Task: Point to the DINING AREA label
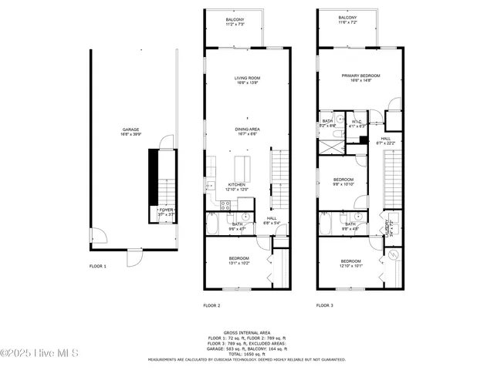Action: [247, 130]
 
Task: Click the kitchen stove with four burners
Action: [226, 205]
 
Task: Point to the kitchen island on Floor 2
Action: [243, 164]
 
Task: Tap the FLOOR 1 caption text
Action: [97, 266]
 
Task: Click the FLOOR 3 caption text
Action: [324, 305]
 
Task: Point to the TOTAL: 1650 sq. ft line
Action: [246, 353]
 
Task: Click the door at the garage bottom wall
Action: [134, 256]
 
